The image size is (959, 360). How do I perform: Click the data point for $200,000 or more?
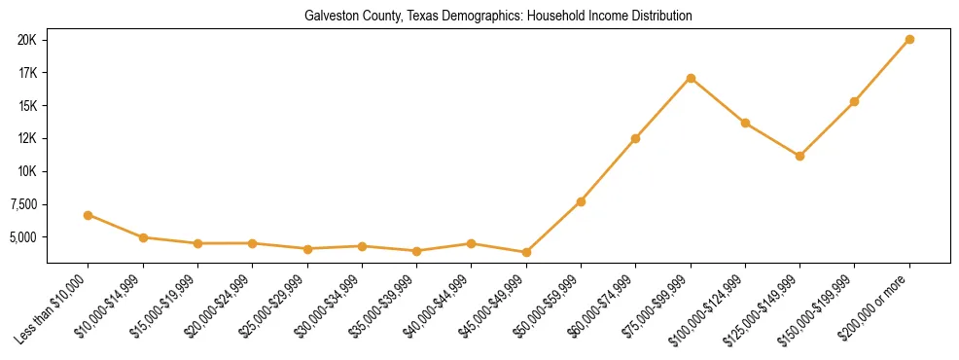[x=909, y=40]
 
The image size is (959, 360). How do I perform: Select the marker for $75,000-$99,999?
[x=691, y=78]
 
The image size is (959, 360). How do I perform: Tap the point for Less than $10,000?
[x=89, y=215]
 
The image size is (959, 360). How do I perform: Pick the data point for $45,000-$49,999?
[x=526, y=252]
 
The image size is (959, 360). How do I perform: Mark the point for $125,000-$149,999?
[x=799, y=156]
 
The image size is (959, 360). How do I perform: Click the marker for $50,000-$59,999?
[x=581, y=201]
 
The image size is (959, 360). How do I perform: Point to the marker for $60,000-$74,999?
[x=635, y=138]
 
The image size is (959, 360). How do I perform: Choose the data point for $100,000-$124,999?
[x=745, y=123]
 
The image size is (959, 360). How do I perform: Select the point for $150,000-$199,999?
[x=854, y=101]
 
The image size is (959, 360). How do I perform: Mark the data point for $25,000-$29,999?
[x=307, y=249]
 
